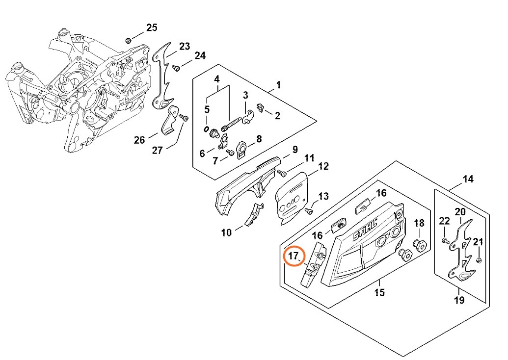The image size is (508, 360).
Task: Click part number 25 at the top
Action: [152, 27]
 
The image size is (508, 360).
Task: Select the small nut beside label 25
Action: [128, 40]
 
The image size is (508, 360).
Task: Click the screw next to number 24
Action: [178, 68]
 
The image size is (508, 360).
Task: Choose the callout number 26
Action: [139, 140]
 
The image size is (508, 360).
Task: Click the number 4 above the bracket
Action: [216, 79]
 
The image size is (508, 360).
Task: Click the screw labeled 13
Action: [309, 211]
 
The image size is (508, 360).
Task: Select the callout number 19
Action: [459, 300]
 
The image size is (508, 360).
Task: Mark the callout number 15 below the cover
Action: [379, 293]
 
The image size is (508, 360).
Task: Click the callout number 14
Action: [468, 179]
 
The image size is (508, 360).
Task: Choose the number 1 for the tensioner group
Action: [278, 85]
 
